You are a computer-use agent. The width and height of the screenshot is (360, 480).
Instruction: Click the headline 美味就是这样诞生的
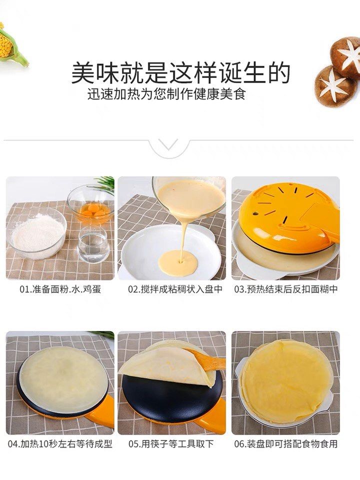[180, 73]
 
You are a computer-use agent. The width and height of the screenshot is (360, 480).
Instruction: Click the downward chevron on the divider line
[169, 144]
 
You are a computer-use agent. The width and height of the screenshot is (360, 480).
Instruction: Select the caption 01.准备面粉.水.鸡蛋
[60, 289]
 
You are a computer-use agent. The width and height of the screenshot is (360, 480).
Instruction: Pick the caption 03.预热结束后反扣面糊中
[286, 289]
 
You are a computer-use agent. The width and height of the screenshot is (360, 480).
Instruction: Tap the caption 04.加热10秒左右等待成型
[60, 444]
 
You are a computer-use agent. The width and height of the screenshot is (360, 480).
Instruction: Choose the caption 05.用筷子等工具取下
[171, 444]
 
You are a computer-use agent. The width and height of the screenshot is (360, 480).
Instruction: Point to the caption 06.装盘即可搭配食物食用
[286, 444]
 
